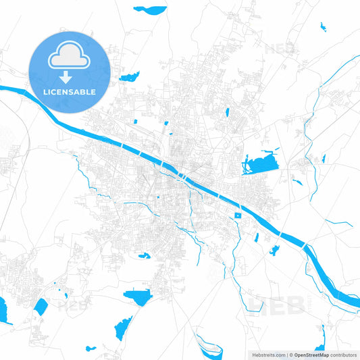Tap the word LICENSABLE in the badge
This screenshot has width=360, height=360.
[x=68, y=91]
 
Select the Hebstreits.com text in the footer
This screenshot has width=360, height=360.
[x=266, y=355]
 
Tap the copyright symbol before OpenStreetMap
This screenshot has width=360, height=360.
[x=290, y=355]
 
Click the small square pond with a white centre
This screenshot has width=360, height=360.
[x=237, y=215]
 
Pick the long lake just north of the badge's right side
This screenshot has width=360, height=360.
[x=129, y=75]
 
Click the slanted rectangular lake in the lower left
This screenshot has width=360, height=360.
[x=41, y=307]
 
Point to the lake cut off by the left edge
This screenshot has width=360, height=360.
[x=4, y=309]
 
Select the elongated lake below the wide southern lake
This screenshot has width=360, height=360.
[x=122, y=329]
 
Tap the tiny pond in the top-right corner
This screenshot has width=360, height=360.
[x=322, y=27]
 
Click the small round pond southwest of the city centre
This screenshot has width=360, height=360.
[x=144, y=255]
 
